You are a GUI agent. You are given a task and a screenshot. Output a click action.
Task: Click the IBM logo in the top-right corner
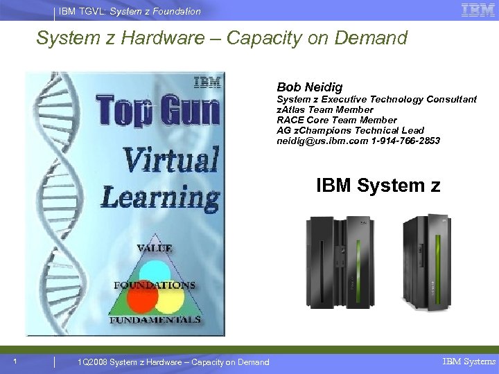[x=478, y=10]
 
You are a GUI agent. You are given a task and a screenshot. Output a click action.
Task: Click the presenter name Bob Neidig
[x=309, y=87]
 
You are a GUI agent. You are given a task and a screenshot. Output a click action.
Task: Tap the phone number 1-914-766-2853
[x=405, y=141]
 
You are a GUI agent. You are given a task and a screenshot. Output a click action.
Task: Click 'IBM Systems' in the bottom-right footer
[x=469, y=362]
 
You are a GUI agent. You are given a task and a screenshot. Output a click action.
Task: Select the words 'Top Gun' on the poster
[x=158, y=111]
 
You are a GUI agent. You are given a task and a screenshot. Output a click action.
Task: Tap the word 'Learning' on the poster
[x=161, y=197]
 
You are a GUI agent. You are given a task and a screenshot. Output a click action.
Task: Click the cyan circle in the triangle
[x=154, y=271]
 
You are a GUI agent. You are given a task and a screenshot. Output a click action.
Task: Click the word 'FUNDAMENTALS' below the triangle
[x=155, y=320]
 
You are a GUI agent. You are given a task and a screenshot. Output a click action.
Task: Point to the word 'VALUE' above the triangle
[x=155, y=248]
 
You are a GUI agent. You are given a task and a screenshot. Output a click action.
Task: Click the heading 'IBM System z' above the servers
[x=378, y=186]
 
